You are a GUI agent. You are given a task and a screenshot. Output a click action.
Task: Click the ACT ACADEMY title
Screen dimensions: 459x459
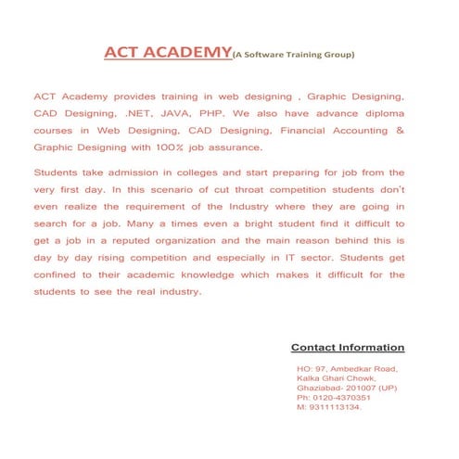click(166, 52)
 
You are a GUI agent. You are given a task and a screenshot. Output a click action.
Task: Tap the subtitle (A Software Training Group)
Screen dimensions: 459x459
click(292, 56)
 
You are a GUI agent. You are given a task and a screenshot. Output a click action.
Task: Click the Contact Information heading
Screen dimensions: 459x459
click(348, 348)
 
